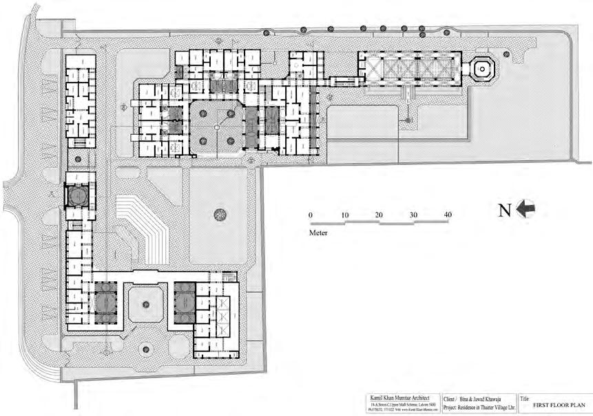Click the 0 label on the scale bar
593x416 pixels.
coord(311,215)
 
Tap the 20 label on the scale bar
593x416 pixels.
coord(379,215)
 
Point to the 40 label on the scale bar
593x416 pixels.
coord(448,215)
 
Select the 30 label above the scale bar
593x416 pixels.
coord(413,215)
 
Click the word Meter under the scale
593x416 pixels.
coord(318,233)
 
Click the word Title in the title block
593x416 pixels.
coord(526,397)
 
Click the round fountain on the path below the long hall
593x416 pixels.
coord(408,120)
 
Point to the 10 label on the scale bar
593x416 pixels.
coord(345,215)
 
